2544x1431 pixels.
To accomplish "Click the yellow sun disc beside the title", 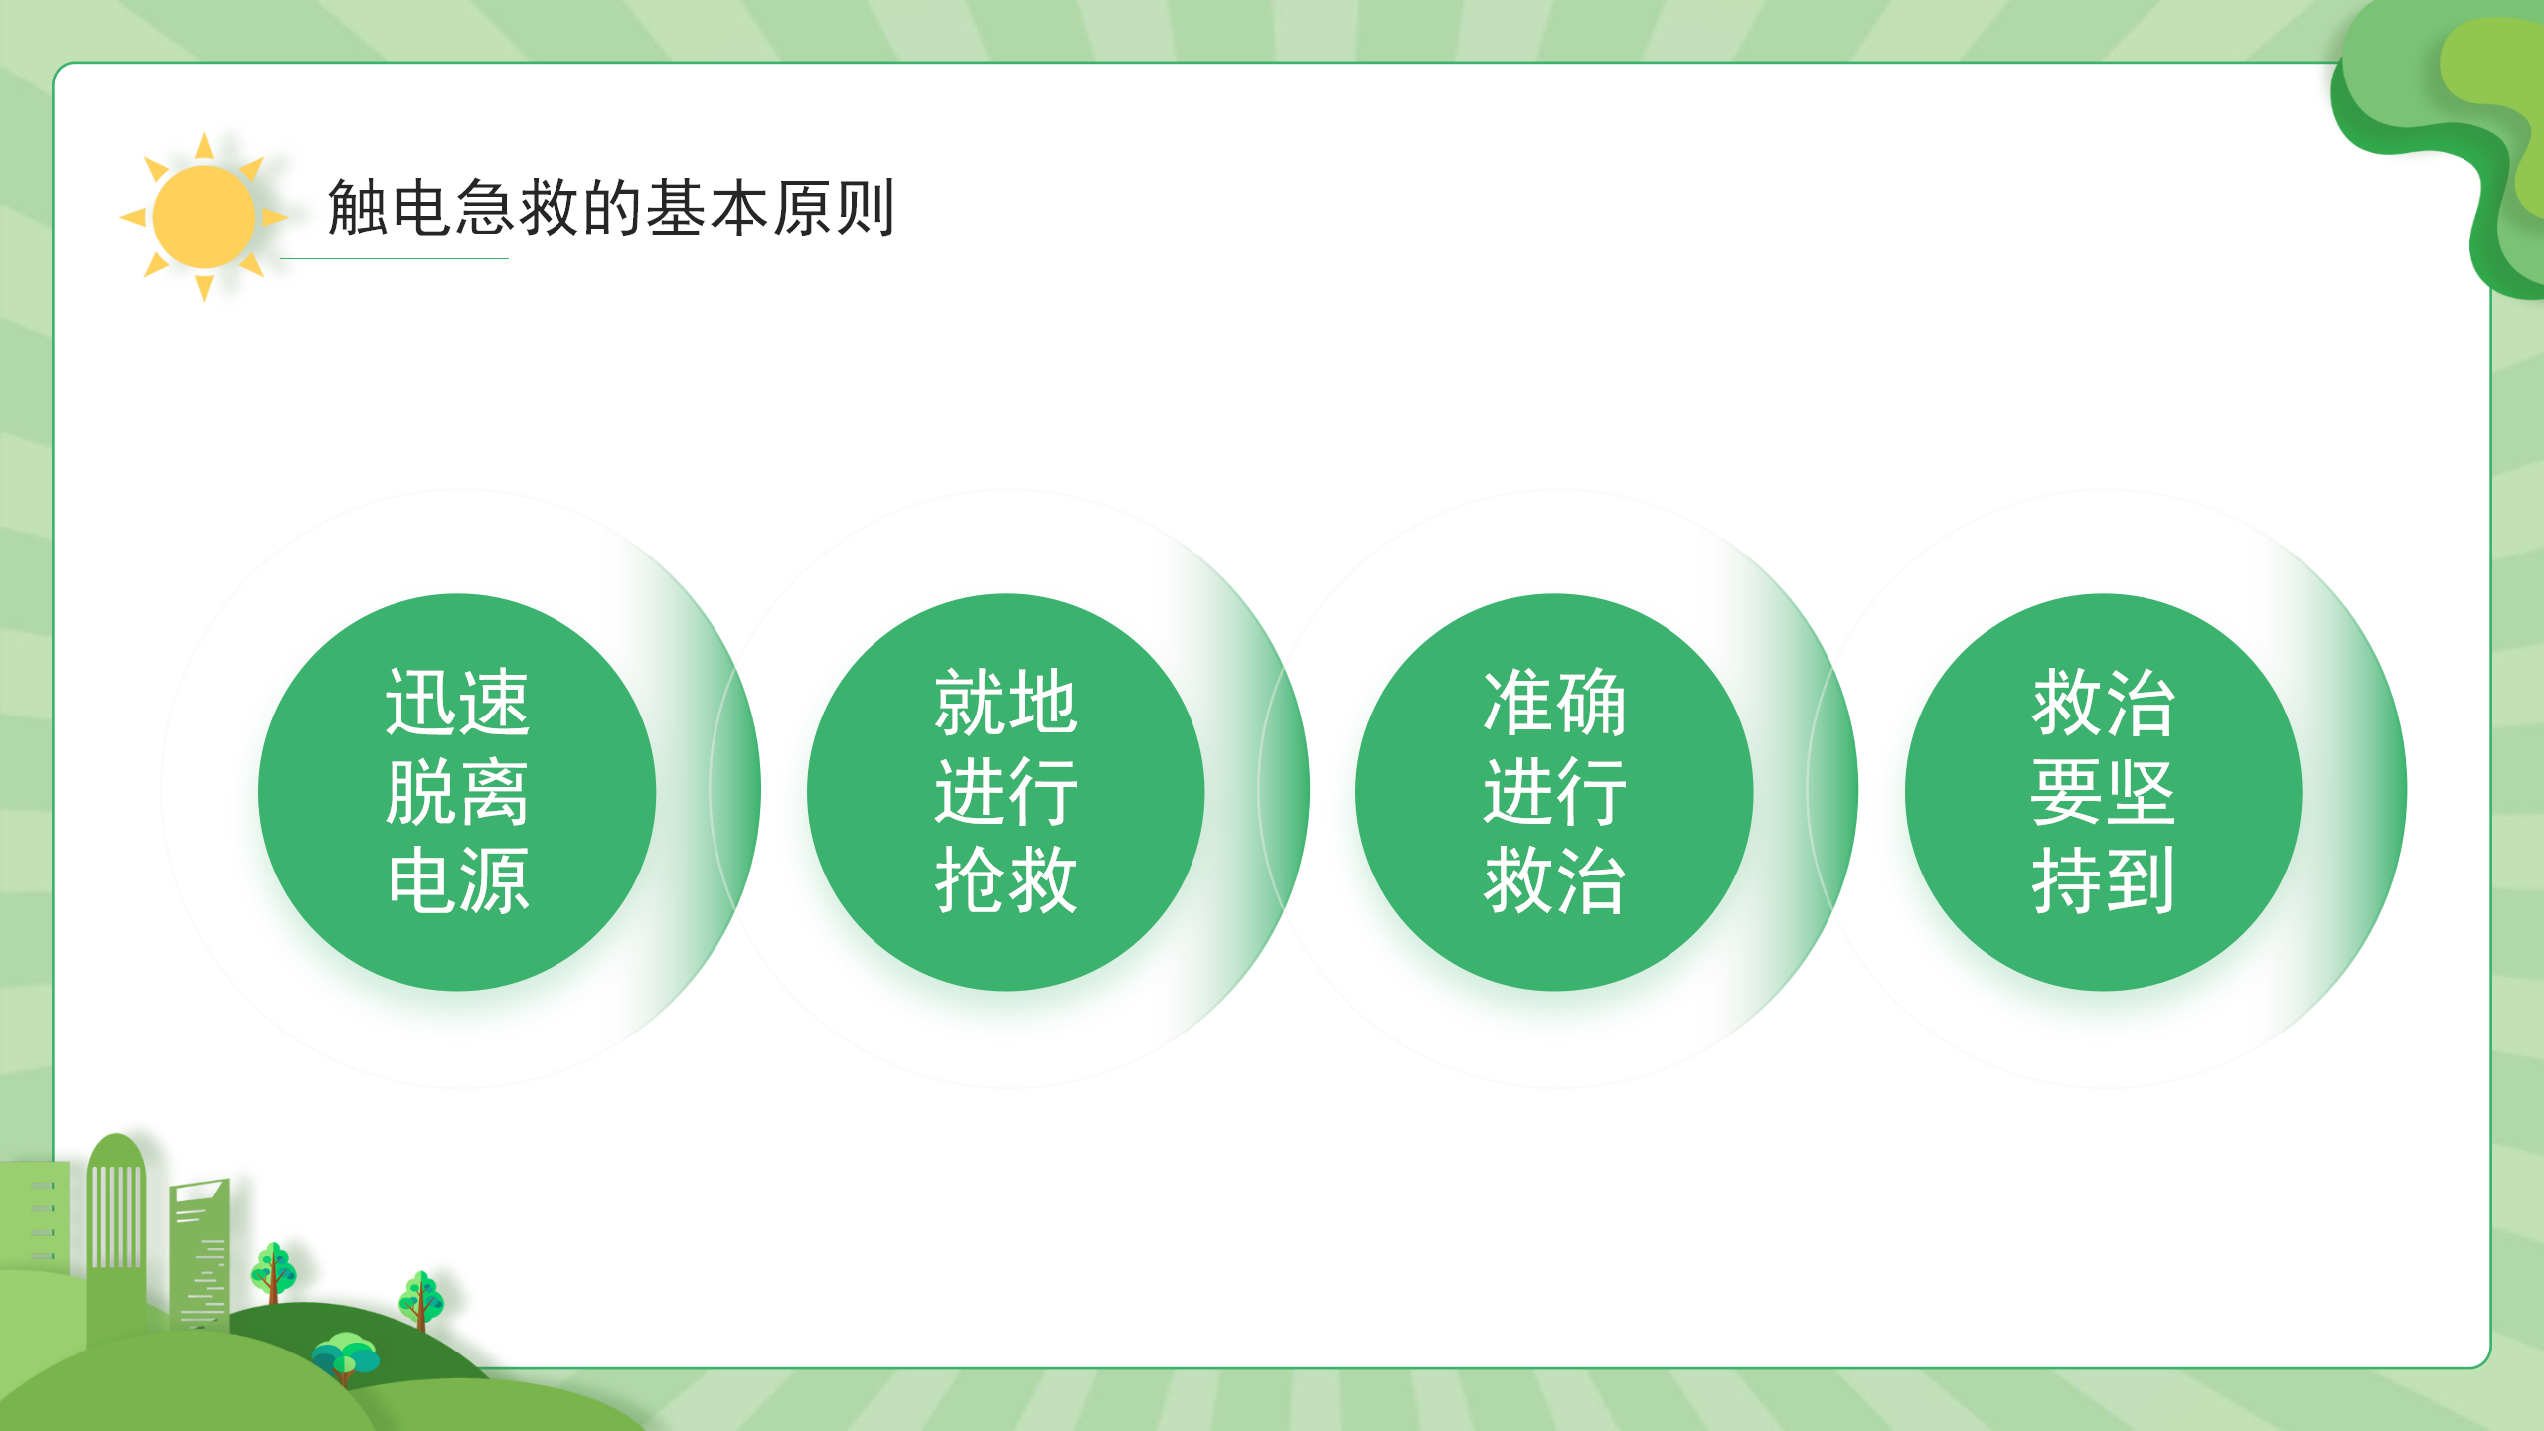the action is click(x=205, y=217).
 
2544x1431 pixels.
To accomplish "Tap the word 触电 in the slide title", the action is click(x=391, y=208).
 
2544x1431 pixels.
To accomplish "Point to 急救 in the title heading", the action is click(x=518, y=208).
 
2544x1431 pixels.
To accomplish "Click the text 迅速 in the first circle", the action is click(x=457, y=703).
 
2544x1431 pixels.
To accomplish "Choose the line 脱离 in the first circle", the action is click(x=457, y=792).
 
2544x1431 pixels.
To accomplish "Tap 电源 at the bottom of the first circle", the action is click(x=457, y=880).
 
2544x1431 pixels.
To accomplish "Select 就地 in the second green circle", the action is click(x=1006, y=703).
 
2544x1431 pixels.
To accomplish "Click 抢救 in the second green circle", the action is click(x=1006, y=880).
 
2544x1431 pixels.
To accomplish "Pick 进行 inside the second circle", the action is click(x=1006, y=792).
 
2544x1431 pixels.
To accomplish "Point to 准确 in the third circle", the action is click(x=1554, y=703).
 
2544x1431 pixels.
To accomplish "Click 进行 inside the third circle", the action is click(x=1554, y=792).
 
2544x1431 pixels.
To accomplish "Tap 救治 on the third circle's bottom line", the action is click(x=1554, y=880).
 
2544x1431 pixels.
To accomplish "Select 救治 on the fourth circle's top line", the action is click(x=2103, y=703).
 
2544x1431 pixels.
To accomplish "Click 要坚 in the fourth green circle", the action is click(x=2103, y=792).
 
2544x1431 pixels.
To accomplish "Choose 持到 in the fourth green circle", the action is click(x=2103, y=880).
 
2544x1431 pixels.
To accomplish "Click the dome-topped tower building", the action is click(x=116, y=1232).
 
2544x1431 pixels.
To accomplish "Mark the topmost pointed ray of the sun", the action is click(x=204, y=147).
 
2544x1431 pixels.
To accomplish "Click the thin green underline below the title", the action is click(x=395, y=258).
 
